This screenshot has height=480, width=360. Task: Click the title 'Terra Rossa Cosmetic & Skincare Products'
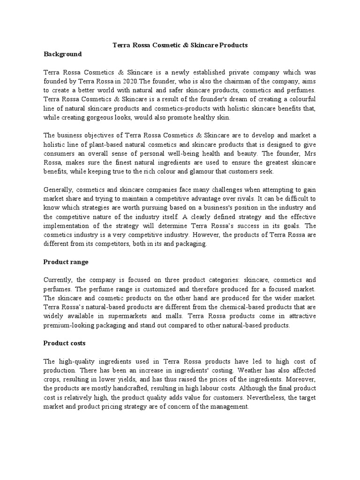[180, 45]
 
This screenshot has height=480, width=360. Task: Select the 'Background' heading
[62, 54]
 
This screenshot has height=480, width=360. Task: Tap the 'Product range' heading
[66, 262]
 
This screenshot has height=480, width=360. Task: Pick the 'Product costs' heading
[64, 343]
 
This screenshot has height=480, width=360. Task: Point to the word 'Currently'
[58, 280]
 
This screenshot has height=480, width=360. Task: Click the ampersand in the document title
[171, 45]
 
